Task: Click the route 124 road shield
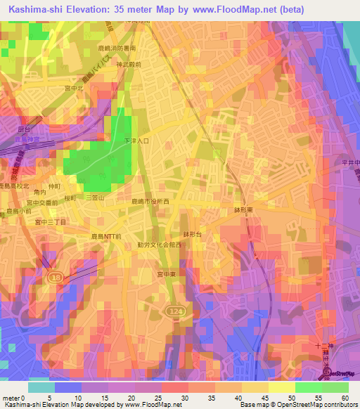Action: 175,310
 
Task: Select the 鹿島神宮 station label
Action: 27,139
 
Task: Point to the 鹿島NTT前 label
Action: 107,238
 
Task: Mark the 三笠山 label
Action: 94,199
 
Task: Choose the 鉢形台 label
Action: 193,235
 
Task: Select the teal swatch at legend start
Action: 41,387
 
